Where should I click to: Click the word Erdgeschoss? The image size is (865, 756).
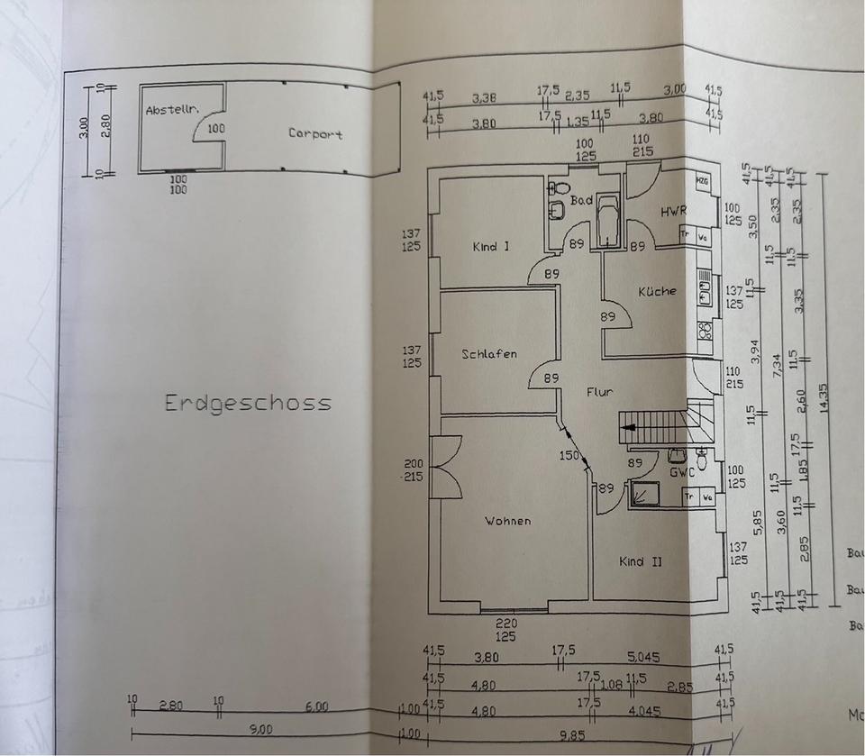coord(248,403)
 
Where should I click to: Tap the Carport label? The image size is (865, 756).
coord(315,134)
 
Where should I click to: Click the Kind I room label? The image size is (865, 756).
coord(490,246)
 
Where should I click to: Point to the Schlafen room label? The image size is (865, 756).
coord(489,354)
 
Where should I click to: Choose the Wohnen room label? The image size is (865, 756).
coord(507,521)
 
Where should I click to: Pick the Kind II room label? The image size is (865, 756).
coord(641,561)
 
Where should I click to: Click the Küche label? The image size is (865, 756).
coord(656,291)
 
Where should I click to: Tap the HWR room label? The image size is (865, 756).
coord(673,212)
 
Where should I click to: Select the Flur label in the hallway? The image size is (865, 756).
coord(600,392)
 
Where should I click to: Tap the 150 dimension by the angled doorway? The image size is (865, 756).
coord(569,455)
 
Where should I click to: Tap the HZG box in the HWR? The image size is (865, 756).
coord(702,181)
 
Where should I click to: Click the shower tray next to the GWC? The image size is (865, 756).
coord(645,494)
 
